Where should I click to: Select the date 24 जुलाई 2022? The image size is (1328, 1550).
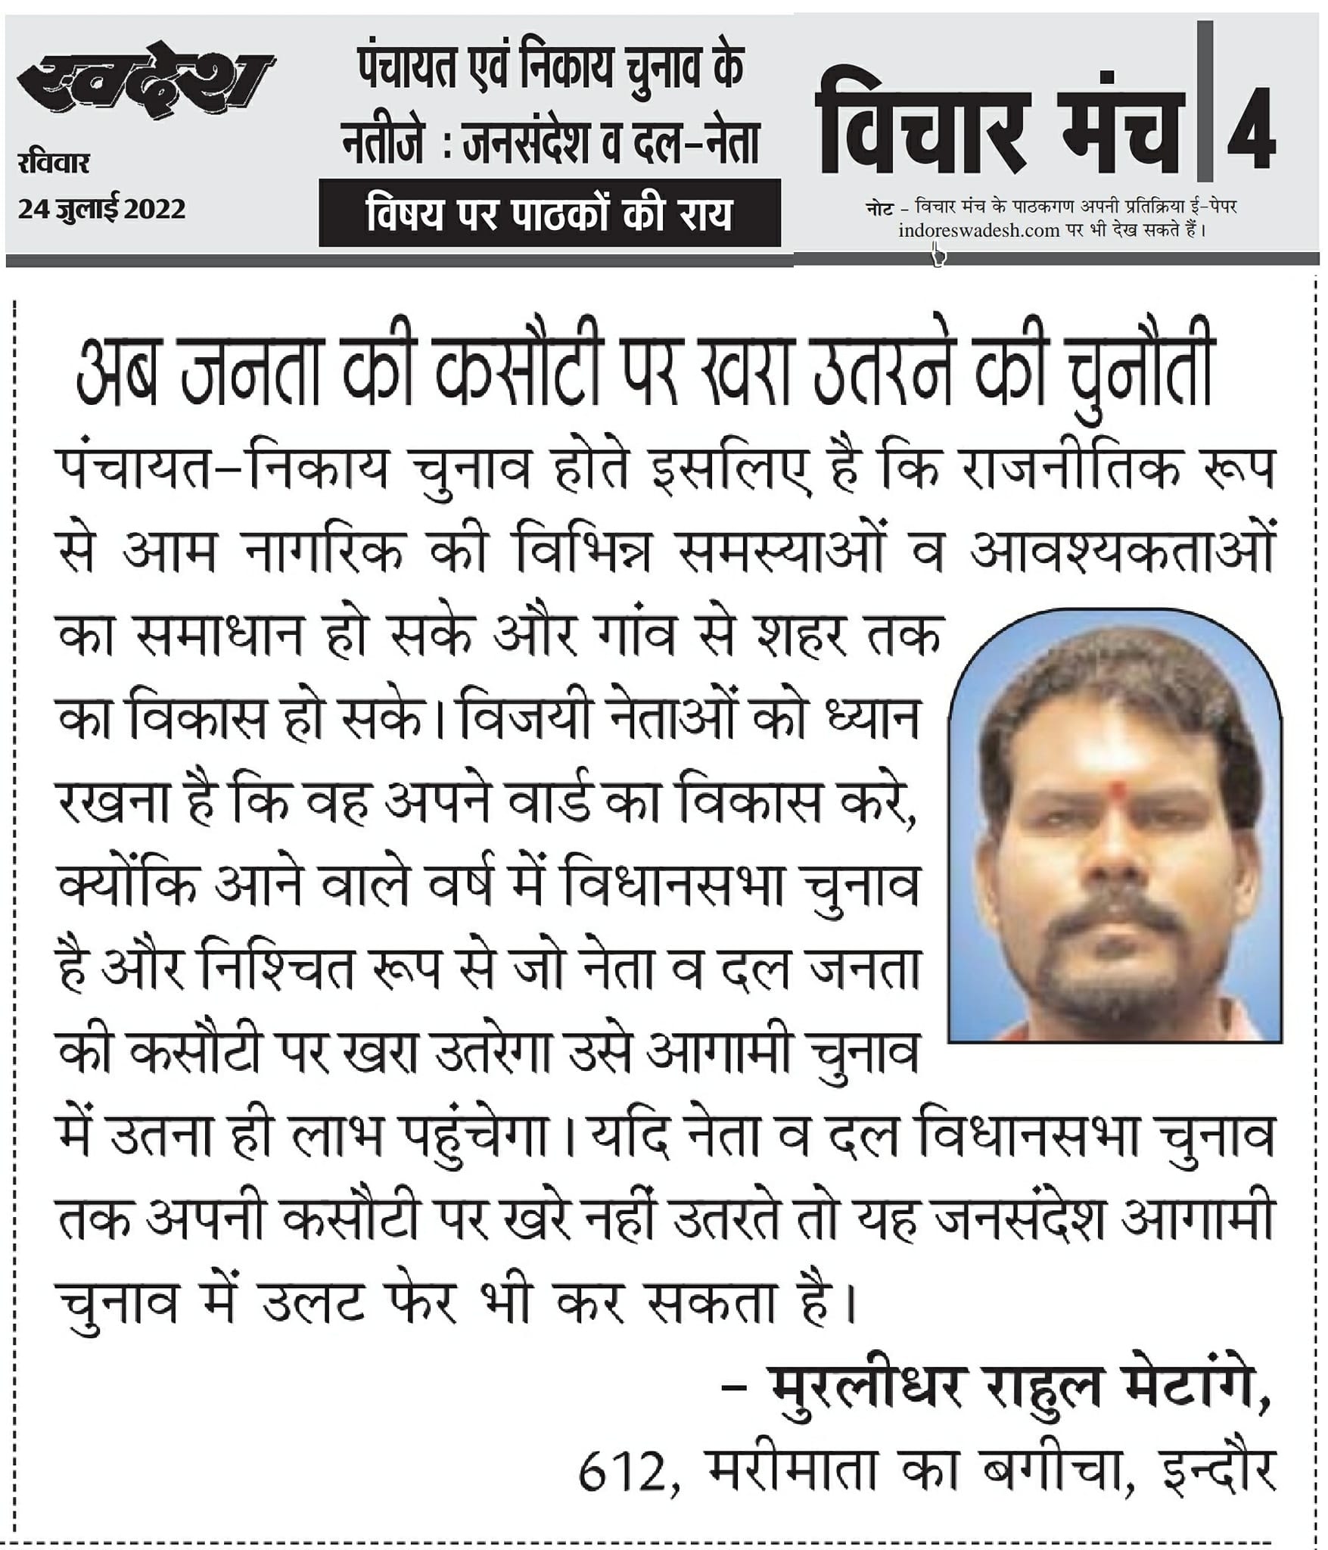tap(102, 208)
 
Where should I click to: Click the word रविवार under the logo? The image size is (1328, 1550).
tap(54, 163)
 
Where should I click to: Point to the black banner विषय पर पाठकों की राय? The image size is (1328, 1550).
tap(549, 214)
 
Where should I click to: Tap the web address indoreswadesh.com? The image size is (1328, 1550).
tap(978, 230)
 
